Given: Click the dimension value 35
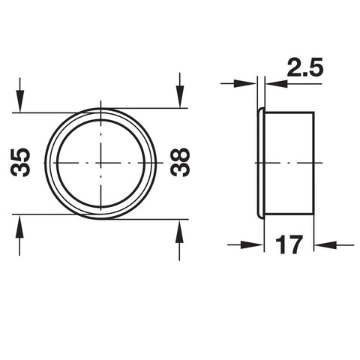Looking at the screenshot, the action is (x=20, y=163).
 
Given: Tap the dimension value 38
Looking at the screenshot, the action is (x=180, y=163).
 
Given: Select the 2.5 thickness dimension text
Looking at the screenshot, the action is (x=305, y=67).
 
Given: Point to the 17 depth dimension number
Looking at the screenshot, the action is (x=289, y=244).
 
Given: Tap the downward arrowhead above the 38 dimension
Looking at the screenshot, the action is (x=180, y=97).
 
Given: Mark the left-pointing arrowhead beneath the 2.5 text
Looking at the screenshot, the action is (x=276, y=84).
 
